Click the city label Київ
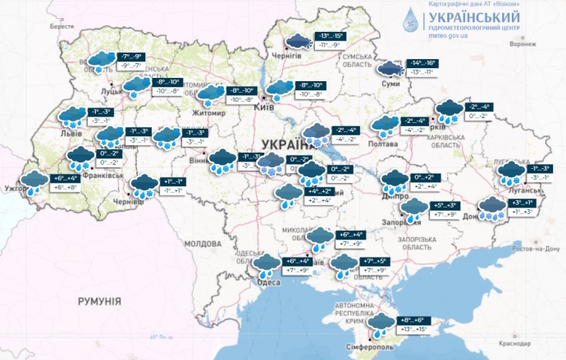coord(265,107)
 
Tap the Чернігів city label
coord(287,57)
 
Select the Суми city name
coord(391,84)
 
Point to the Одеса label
coord(269,282)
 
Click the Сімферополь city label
coord(375,345)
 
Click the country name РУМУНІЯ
coord(99,302)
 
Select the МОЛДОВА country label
coord(203,244)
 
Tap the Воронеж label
coord(522,44)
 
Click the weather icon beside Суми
coord(386,68)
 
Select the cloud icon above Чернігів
coord(294,40)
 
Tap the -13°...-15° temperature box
coord(331,35)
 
